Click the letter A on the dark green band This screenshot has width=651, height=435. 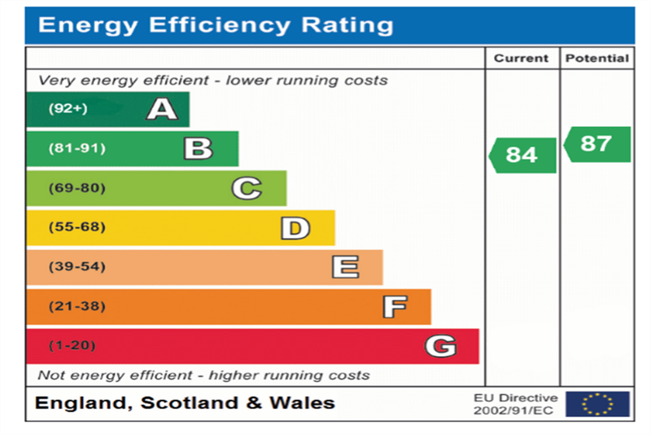coord(161,108)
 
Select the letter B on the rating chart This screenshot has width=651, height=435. coord(197,148)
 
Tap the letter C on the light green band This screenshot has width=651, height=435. coord(246,188)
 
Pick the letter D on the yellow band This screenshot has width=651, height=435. coord(295,228)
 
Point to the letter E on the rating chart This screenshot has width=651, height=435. coord(344,267)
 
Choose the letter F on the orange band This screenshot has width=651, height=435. coord(394,307)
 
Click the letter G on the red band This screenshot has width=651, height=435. coord(439,346)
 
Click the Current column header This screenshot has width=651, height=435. coord(522,58)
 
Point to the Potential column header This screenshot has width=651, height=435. coord(596,58)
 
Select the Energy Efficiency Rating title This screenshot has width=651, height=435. coord(216,25)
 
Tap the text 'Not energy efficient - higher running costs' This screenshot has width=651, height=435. coord(203,376)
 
